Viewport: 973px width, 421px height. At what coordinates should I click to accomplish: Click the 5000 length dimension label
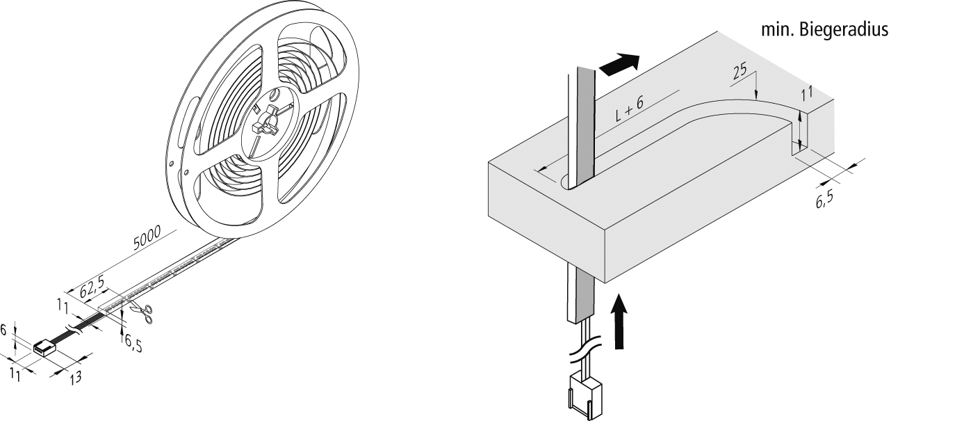coord(147,237)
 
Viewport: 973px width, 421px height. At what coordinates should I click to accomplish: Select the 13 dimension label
coord(76,377)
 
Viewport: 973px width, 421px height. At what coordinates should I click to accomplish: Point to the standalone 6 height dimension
coord(3,330)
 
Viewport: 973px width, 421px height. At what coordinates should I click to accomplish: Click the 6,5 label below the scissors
coord(133,344)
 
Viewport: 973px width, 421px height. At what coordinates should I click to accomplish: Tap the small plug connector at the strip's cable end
coord(45,349)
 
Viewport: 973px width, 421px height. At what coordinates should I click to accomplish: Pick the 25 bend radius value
coord(740,71)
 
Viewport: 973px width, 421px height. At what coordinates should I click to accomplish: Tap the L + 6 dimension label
coord(629,109)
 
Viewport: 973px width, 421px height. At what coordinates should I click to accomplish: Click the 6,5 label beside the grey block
coord(824,199)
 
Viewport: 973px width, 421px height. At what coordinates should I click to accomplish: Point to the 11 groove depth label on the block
coord(807,94)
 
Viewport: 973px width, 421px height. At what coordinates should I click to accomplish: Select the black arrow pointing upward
coord(619,320)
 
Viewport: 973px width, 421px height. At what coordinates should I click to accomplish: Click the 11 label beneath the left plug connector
coord(15,374)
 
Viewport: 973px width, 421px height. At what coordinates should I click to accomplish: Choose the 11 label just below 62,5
coord(63,307)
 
